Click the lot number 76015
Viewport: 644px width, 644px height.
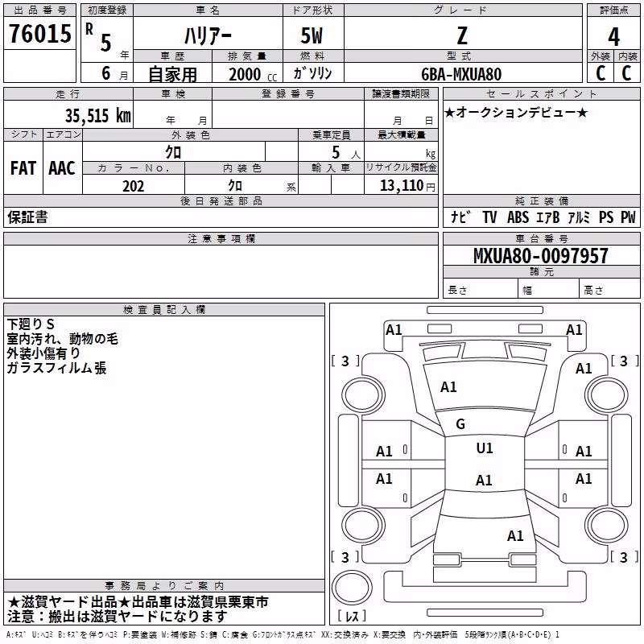40,33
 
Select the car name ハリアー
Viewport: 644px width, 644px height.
208,35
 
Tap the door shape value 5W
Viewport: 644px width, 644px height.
312,35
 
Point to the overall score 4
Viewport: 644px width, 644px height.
613,37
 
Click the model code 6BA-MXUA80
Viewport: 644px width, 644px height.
461,74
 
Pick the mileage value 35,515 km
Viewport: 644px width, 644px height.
97,115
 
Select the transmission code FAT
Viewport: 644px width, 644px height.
23,168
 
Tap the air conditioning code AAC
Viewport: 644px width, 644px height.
62,168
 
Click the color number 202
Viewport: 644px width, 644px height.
133,186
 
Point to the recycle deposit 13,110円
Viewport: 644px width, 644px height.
407,186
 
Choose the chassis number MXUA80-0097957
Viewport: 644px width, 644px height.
540,255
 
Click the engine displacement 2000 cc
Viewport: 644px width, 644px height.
253,74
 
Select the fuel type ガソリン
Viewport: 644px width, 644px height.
312,73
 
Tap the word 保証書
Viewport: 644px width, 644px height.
27,217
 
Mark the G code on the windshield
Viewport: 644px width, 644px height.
460,424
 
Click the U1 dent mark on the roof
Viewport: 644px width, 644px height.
485,448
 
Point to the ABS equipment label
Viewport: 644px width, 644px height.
518,217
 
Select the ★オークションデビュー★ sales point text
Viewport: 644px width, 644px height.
516,112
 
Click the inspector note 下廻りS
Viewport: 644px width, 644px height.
31,324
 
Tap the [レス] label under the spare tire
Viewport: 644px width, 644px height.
352,616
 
